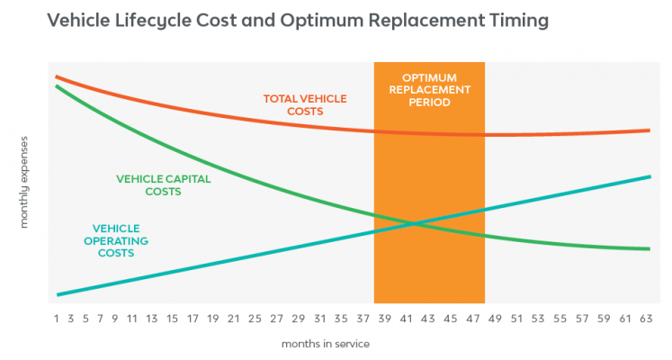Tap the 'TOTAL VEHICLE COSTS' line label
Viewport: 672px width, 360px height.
pyautogui.click(x=304, y=104)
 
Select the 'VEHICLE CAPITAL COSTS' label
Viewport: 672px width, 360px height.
pyautogui.click(x=163, y=184)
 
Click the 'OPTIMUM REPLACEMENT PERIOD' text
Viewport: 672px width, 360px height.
pyautogui.click(x=428, y=90)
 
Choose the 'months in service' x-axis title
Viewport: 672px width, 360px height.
pyautogui.click(x=325, y=343)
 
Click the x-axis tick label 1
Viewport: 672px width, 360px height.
pyautogui.click(x=56, y=318)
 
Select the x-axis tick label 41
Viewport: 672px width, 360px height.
pyautogui.click(x=406, y=318)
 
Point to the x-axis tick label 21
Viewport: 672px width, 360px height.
pyautogui.click(x=233, y=318)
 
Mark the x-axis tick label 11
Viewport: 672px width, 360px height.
pyautogui.click(x=131, y=318)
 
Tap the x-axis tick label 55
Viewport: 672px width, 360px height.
pyautogui.click(x=559, y=318)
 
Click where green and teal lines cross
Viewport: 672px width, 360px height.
pyautogui.click(x=411, y=222)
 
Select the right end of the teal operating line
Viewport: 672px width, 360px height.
pyautogui.click(x=649, y=176)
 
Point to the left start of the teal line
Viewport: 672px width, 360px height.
pyautogui.click(x=58, y=294)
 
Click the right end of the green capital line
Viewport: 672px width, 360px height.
pyautogui.click(x=649, y=248)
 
